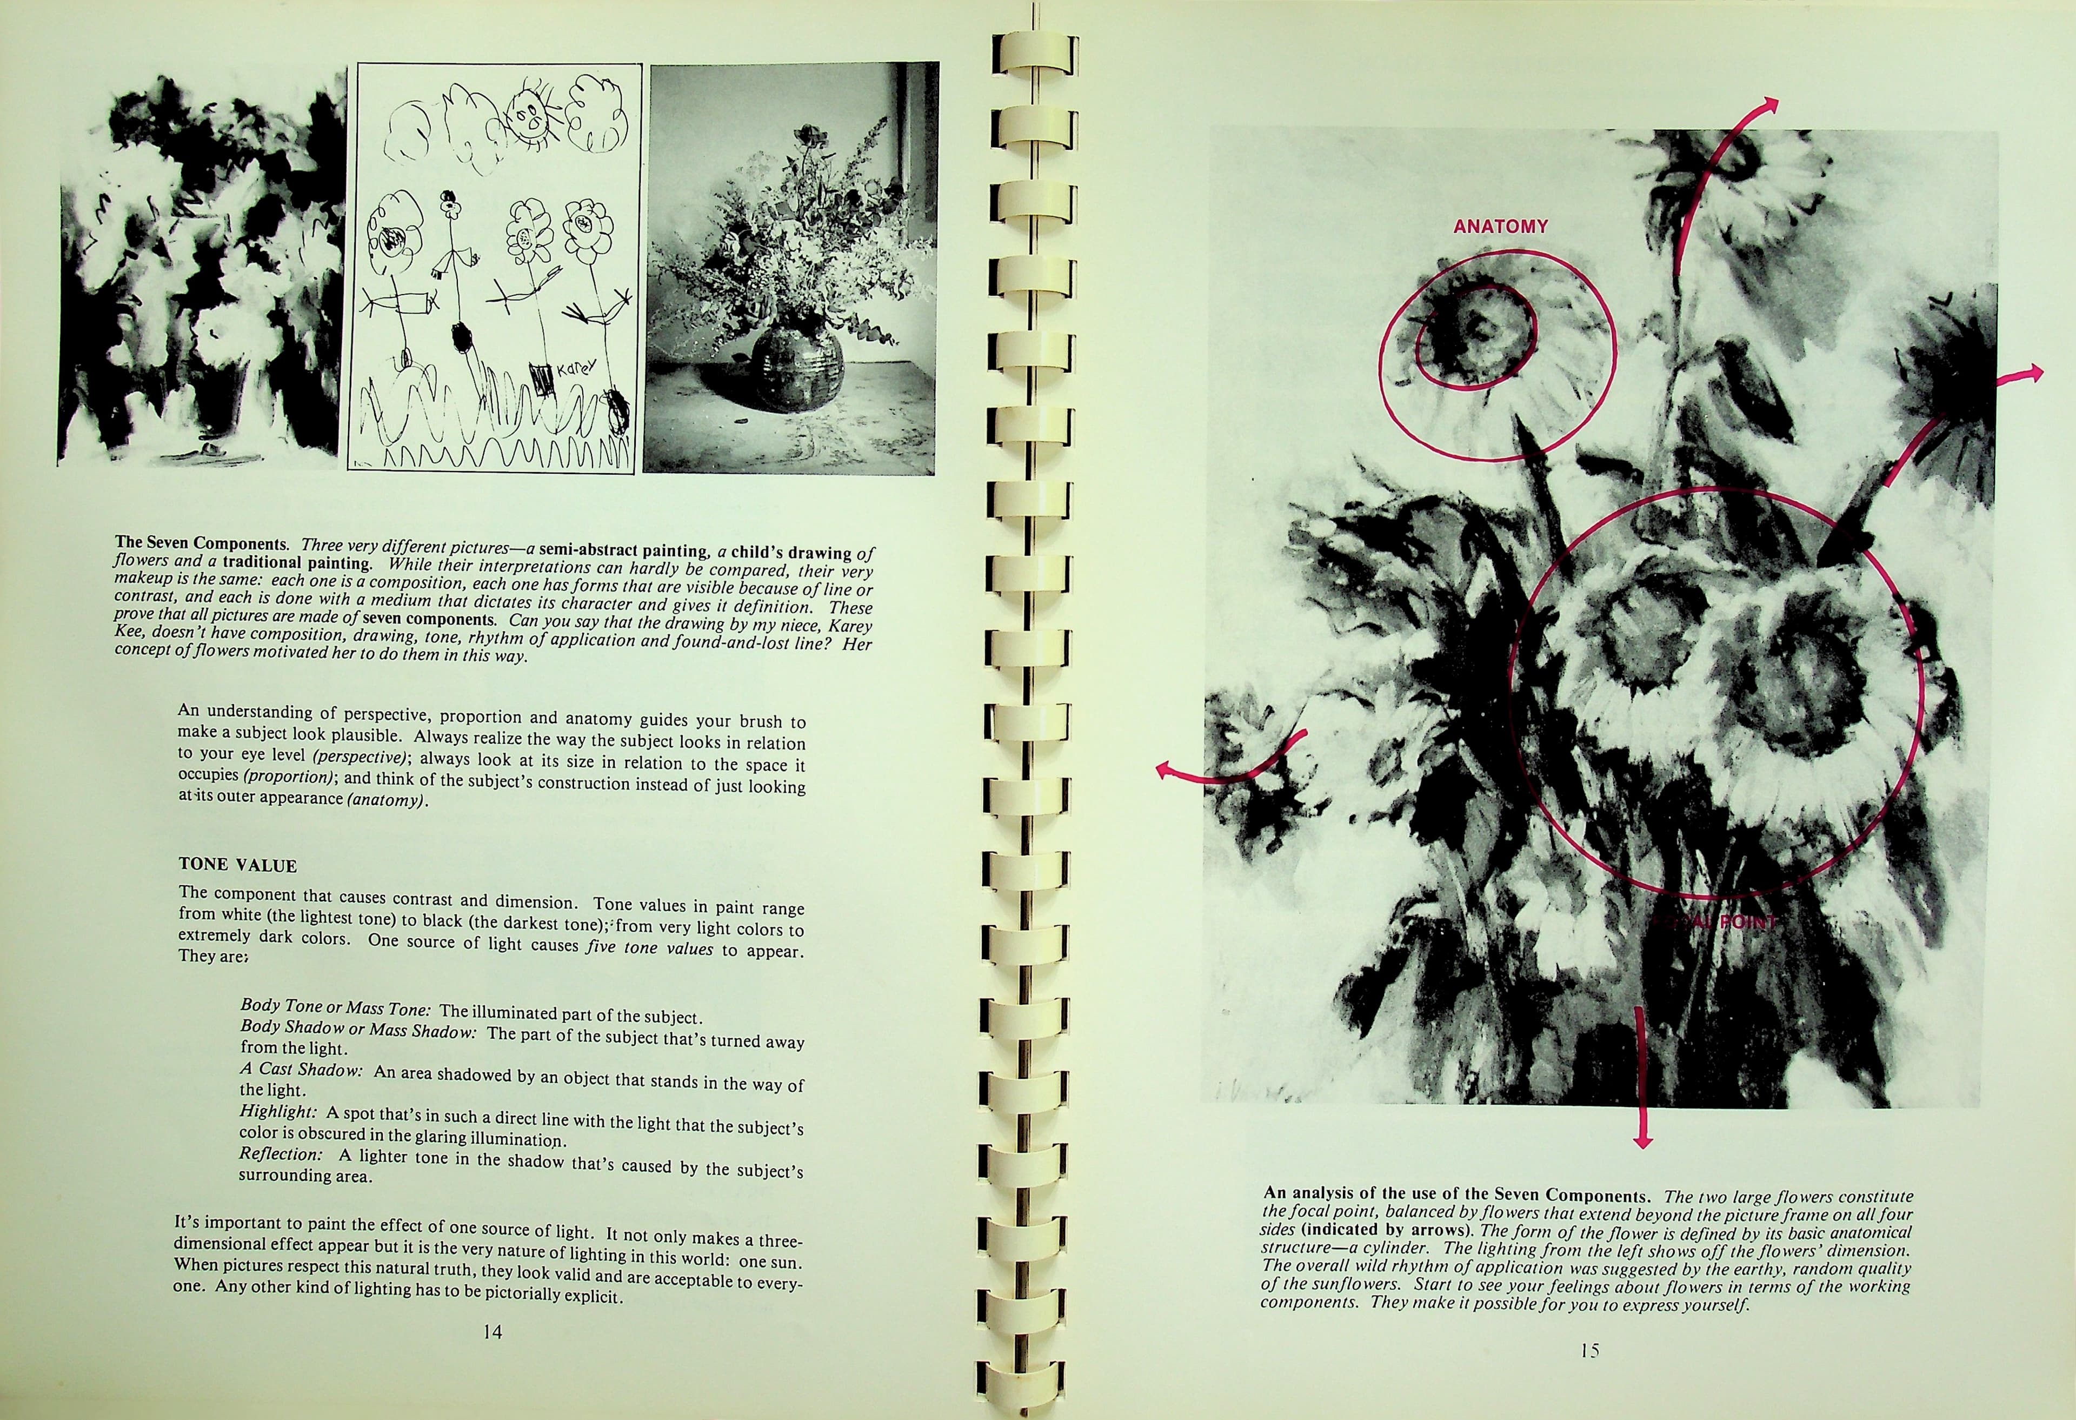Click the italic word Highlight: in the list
coord(278,1112)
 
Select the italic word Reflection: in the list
coord(281,1154)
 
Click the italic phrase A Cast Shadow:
coord(301,1069)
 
